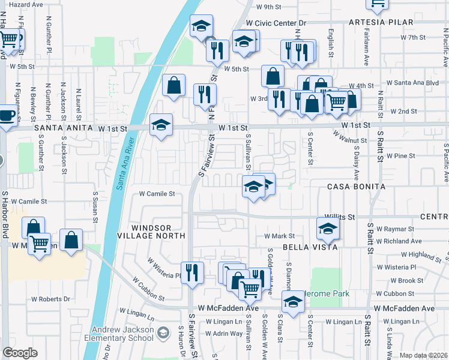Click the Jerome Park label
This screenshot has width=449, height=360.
coord(328,293)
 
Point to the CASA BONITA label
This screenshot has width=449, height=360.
coord(356,187)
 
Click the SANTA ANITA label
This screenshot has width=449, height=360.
coord(64,128)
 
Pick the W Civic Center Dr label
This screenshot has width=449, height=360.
coord(276,23)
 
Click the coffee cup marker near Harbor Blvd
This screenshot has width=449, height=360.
coord(7,115)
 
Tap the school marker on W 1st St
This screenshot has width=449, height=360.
coord(161,125)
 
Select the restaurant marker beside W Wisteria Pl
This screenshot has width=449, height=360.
coord(192,272)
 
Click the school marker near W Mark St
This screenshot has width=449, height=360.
coord(327,228)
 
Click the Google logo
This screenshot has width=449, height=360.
coord(20,352)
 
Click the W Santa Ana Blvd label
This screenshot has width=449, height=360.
coord(412,82)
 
